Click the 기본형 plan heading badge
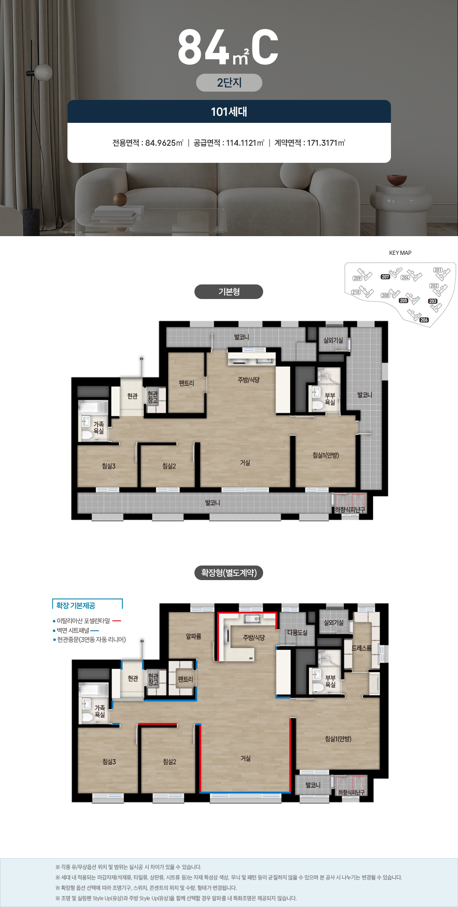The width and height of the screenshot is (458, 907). coord(229,292)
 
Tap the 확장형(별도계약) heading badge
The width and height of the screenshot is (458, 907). coord(229,573)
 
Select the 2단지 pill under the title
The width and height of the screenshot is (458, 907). coord(229,82)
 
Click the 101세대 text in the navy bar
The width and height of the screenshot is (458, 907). coord(229,112)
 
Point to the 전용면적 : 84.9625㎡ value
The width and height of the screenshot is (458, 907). coord(148,143)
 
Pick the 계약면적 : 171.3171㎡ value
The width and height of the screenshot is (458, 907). coord(310,143)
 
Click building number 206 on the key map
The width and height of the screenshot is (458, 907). coord(424,320)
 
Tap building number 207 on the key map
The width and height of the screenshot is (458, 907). coord(385,277)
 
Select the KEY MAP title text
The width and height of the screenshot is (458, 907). coord(400,253)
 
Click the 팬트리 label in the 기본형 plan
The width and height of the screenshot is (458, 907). coord(186,383)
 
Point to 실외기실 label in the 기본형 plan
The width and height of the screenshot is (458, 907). coord(333,340)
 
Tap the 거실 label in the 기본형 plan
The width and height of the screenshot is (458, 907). coord(245,463)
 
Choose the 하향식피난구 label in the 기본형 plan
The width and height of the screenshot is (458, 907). coord(350,510)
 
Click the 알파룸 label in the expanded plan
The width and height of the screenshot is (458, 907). coord(193,636)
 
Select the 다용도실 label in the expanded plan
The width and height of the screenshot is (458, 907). coord(297,632)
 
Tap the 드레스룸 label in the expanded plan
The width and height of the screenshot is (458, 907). coord(361,648)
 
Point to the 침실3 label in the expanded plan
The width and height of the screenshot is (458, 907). coord(109,762)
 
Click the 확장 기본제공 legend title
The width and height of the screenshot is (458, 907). coord(76,605)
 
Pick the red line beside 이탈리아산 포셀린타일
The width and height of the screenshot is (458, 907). coord(117,621)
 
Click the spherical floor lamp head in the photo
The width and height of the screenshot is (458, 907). coord(43,72)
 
